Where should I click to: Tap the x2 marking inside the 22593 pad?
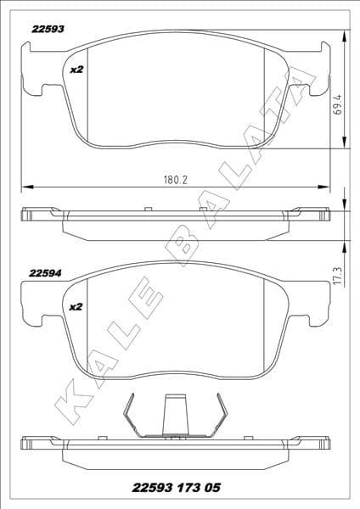(76, 69)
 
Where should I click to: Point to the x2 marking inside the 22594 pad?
(76, 306)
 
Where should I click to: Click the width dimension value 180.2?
(175, 179)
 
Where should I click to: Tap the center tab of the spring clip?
(177, 416)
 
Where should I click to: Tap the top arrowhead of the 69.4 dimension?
(342, 36)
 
